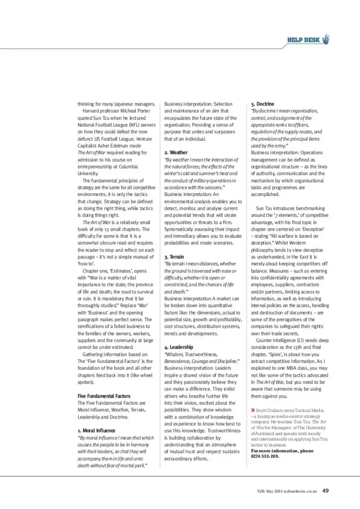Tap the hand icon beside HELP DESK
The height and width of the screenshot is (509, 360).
(326, 39)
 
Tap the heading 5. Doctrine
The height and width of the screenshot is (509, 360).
(262, 103)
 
